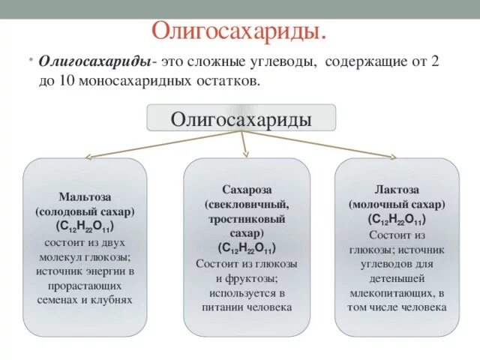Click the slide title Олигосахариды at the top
coord(239,31)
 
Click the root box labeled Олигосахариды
coord(241,118)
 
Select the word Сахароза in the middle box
coord(247,190)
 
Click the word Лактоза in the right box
coord(397,190)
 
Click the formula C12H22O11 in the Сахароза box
coord(247,248)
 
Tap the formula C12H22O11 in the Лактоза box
coord(397,219)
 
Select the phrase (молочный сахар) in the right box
coord(397,204)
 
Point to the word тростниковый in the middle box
coord(247,219)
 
